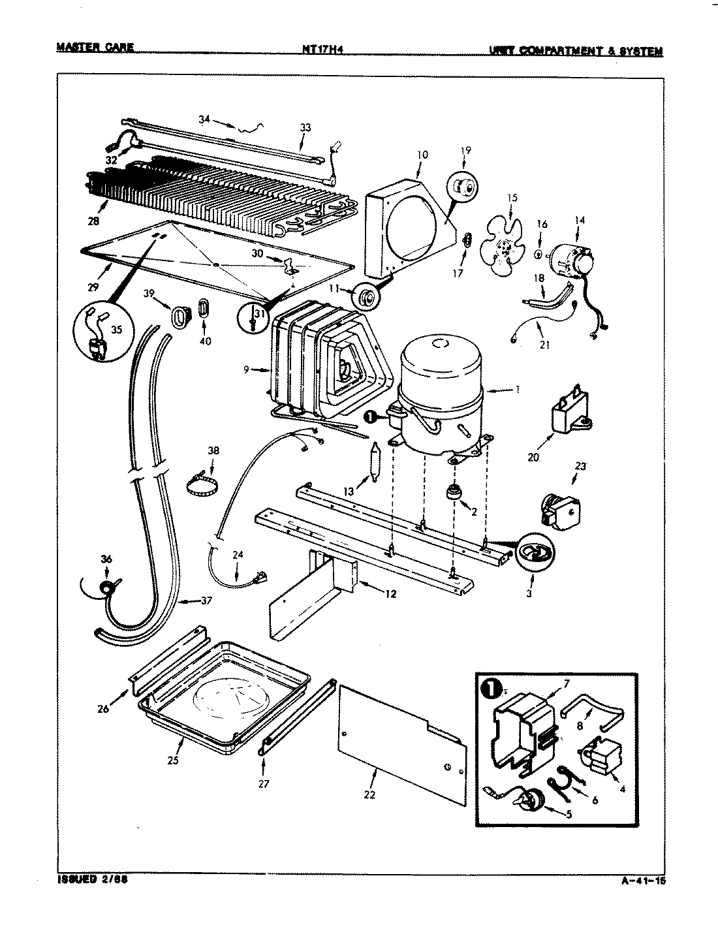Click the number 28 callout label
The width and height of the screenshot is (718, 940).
[x=93, y=221]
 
